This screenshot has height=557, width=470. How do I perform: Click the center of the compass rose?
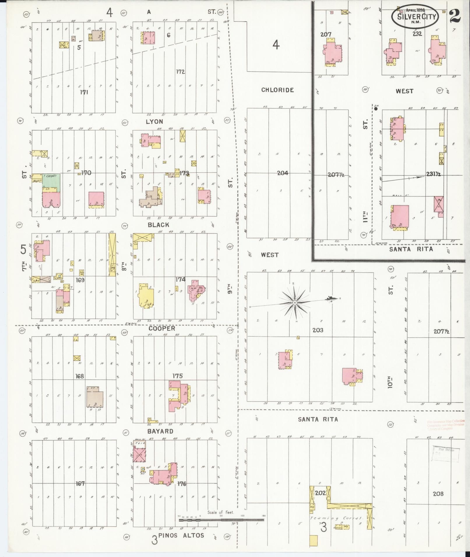coord(295,303)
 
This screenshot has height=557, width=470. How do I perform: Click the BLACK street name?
coord(158,225)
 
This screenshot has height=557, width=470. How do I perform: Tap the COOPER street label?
coord(162,328)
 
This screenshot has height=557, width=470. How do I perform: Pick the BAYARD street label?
coord(161,431)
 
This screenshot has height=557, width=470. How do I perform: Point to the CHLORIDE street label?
coord(277,90)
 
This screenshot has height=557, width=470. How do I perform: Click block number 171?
coord(84,92)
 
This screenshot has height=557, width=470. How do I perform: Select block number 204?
coord(282,173)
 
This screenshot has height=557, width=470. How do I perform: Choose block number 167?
coord(80,484)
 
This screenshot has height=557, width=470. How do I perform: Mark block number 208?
coord(438,493)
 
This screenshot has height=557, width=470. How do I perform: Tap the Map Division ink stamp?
coord(446,462)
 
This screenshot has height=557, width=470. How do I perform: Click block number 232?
coord(417,33)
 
